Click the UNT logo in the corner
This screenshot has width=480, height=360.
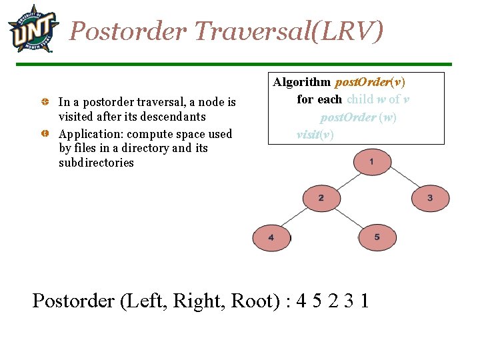(x=32, y=28)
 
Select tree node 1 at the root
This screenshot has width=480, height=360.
(x=371, y=161)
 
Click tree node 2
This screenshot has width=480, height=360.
(x=321, y=198)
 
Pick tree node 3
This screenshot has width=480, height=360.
(x=430, y=198)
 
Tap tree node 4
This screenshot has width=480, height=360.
(x=271, y=237)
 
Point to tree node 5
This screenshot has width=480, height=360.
(x=377, y=237)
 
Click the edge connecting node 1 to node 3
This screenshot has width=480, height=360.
(x=402, y=180)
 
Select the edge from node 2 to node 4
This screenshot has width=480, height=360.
(x=295, y=218)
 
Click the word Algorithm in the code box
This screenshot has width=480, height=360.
(x=301, y=82)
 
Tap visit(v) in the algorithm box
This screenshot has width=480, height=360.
(x=315, y=133)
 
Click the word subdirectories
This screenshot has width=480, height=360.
(x=96, y=163)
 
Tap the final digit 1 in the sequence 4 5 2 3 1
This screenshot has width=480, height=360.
(x=363, y=301)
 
